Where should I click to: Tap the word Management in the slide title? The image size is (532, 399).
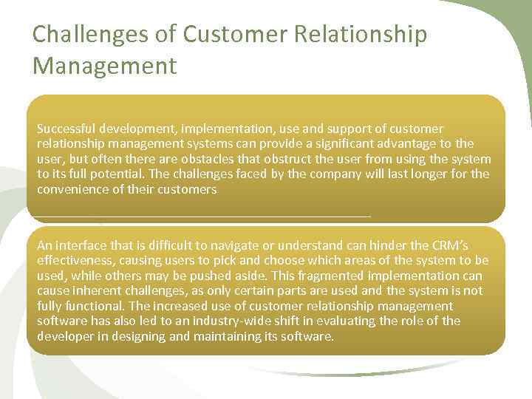pos(105,66)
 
